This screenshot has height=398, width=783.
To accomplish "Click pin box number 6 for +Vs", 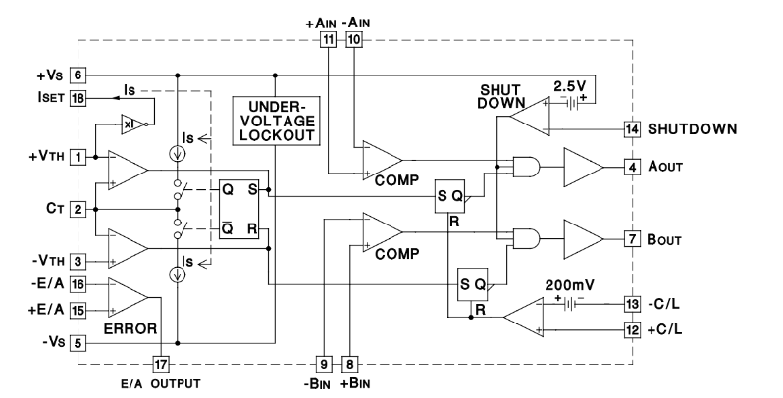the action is [x=78, y=75].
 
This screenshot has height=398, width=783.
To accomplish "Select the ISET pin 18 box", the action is [x=78, y=98].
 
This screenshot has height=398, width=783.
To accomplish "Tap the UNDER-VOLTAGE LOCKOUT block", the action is [x=276, y=121].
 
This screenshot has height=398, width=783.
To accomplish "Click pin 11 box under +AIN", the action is [x=328, y=39].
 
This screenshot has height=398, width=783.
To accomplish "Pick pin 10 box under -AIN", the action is [x=354, y=39].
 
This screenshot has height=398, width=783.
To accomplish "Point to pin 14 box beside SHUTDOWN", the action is [x=632, y=129].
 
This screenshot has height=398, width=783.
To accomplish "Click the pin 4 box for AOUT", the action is [x=632, y=167].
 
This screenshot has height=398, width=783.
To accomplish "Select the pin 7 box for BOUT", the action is [x=632, y=239].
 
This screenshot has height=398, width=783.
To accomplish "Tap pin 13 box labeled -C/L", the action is [x=632, y=304].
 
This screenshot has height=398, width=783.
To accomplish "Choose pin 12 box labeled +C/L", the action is [x=632, y=329].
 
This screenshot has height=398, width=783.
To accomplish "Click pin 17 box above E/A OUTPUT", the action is [x=160, y=364].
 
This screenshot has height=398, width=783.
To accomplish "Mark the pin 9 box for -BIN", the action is [x=324, y=364].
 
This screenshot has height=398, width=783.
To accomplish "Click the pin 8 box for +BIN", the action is [x=349, y=364].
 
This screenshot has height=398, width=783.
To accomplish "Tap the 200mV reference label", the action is [x=570, y=285].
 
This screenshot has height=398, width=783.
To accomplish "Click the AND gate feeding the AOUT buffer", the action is [x=527, y=167].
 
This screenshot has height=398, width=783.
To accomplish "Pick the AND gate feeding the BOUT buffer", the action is [x=527, y=239].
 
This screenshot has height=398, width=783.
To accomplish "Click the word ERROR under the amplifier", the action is [x=130, y=328].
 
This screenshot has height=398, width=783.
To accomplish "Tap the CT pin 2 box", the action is [x=78, y=209].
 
